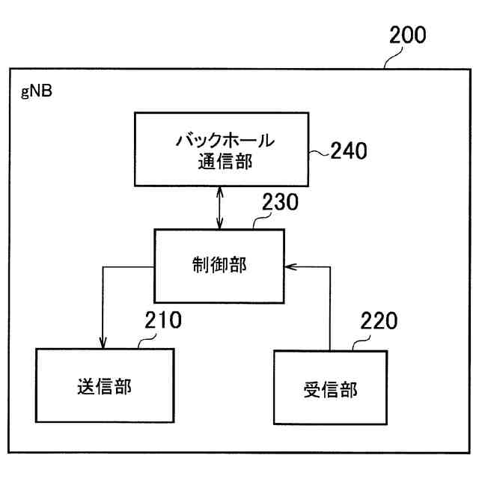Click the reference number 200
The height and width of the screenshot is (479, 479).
point(407,36)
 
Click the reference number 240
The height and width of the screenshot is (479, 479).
point(350,152)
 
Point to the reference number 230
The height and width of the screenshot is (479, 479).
point(281,203)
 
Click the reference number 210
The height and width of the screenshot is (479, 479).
point(162,321)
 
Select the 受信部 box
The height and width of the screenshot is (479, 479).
point(330,388)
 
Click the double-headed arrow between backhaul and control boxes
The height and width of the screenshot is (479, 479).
point(219,207)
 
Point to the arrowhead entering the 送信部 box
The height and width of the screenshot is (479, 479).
point(103,344)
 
